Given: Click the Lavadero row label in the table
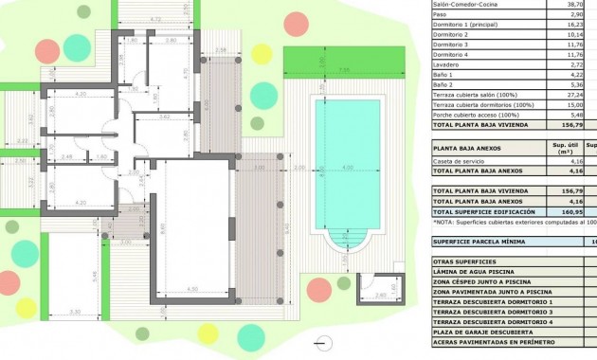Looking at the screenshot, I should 449,63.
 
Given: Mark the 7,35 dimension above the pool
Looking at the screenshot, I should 345,70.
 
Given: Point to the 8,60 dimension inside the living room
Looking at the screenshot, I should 162,227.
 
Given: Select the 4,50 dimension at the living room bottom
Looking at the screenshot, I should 192,288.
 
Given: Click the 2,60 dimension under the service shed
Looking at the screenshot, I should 380,295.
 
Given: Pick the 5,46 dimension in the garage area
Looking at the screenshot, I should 95,275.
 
